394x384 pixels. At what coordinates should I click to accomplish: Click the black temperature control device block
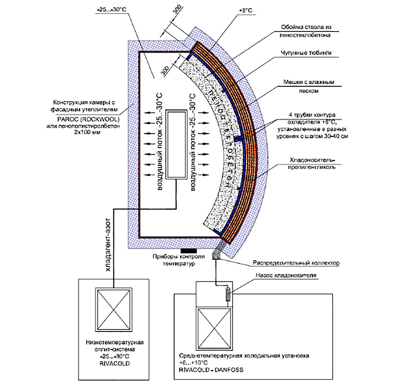[x=189, y=251]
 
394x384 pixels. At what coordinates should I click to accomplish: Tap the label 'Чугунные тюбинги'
[x=306, y=53]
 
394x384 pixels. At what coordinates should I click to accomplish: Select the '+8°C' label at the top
[x=245, y=11]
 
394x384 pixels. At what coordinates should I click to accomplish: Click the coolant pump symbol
[x=228, y=295]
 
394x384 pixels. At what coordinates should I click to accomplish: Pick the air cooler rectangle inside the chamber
[x=176, y=145]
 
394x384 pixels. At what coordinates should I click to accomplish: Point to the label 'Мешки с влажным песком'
[x=308, y=86]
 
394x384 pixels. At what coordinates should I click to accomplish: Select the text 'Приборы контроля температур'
[x=179, y=260]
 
